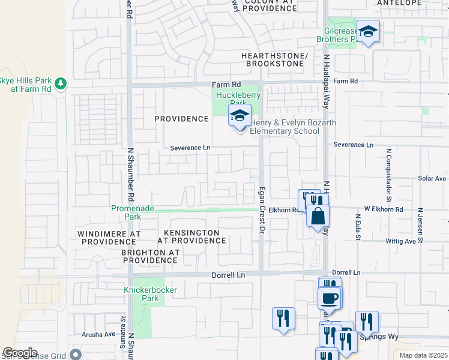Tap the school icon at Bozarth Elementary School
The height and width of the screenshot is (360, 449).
(x=239, y=116)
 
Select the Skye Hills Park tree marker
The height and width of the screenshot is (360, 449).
(x=60, y=83)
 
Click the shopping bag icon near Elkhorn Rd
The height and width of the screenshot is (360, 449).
(x=318, y=215)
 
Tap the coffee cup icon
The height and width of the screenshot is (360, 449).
(x=330, y=298)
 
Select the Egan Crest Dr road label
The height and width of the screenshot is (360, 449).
(x=262, y=208)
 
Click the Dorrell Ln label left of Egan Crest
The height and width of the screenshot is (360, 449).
(x=229, y=275)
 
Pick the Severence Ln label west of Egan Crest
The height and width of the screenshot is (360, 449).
(x=190, y=148)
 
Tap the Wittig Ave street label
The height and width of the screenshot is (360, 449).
(x=402, y=241)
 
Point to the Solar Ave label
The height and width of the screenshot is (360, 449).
(x=432, y=178)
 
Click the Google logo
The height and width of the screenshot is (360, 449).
(x=20, y=353)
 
